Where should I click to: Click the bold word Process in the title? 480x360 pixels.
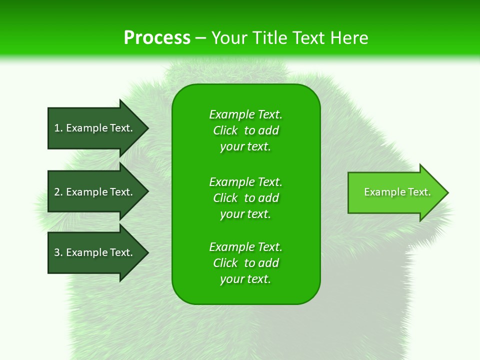[157, 38]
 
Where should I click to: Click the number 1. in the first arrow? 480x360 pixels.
[58, 128]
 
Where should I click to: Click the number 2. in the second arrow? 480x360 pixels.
[58, 192]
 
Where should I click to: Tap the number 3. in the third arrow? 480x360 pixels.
[58, 252]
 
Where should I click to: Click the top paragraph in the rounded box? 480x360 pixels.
[245, 130]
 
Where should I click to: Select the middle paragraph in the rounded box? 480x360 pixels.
[245, 197]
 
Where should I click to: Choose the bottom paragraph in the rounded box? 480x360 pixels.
[245, 263]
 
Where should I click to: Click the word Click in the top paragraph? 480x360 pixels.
[225, 130]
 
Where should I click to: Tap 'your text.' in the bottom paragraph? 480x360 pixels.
[245, 279]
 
